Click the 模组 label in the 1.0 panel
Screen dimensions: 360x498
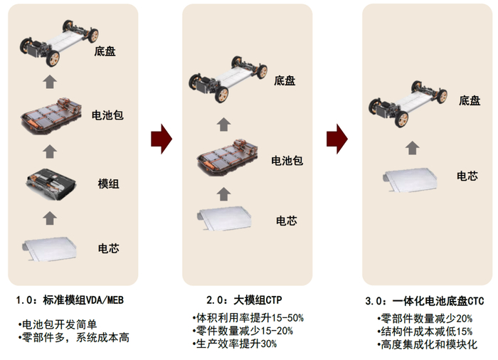click(108, 184)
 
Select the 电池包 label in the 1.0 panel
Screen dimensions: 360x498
click(108, 115)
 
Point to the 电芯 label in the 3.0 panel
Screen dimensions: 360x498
click(467, 176)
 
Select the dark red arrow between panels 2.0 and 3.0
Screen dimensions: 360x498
click(337, 137)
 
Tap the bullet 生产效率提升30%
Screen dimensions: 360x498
click(234, 344)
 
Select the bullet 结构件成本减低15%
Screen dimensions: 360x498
click(425, 331)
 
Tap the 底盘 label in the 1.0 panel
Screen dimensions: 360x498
click(105, 51)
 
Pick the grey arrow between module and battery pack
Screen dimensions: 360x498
click(49, 150)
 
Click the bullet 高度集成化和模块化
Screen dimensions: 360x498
click(427, 344)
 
